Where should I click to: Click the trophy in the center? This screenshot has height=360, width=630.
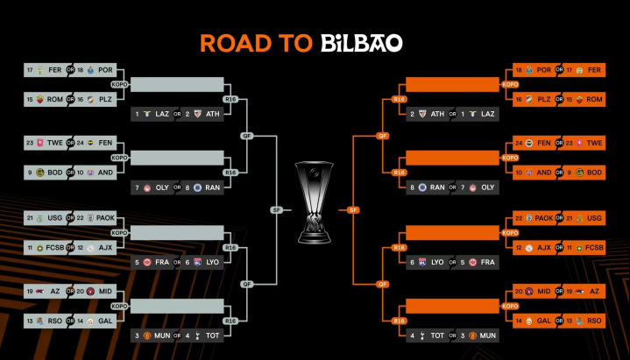tap(314, 201)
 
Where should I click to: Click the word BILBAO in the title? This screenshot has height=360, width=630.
tap(362, 43)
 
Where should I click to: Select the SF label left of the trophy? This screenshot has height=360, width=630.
tap(276, 209)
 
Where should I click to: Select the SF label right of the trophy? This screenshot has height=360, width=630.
tap(351, 209)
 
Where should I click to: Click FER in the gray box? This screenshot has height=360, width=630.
tap(55, 70)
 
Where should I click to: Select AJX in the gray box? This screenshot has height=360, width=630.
tap(106, 246)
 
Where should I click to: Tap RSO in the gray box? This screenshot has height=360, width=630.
tap(55, 320)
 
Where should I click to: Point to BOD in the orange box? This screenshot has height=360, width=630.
tap(595, 172)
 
